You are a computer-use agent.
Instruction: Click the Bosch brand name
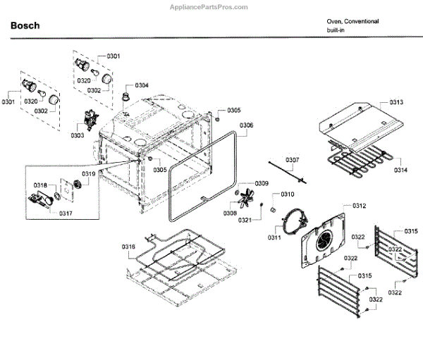25,26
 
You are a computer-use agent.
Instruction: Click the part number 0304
142,85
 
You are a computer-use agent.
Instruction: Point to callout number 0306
246,125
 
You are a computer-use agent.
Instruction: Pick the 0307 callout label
292,160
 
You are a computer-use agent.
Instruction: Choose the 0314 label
400,170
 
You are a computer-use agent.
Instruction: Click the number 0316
128,246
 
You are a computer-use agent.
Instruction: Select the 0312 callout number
360,206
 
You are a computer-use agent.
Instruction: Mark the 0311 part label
274,237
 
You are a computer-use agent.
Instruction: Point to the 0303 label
77,135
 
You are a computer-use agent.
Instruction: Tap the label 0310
287,194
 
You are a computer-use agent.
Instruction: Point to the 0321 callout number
244,221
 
